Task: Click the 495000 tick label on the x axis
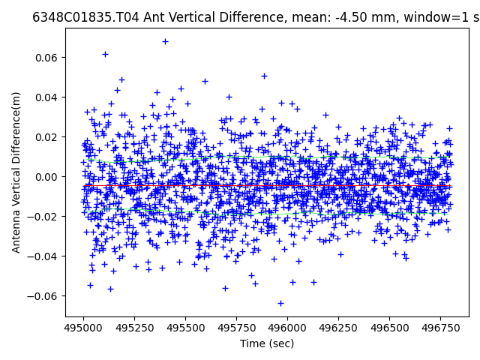click(x=83, y=328)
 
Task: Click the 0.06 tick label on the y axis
click(x=49, y=58)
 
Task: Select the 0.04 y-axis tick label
click(x=49, y=97)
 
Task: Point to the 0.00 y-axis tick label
click(x=49, y=177)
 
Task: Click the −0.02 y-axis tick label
click(x=46, y=217)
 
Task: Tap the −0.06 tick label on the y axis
click(x=46, y=296)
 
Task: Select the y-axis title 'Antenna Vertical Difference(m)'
click(x=16, y=172)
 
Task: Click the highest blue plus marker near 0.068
click(x=165, y=41)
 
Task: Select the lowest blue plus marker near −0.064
click(x=280, y=303)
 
